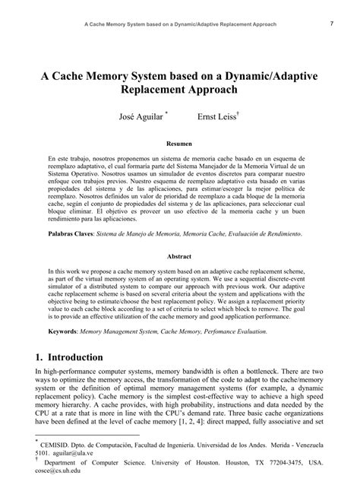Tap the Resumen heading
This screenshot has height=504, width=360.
click(x=179, y=143)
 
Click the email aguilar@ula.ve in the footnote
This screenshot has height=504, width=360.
click(x=73, y=450)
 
